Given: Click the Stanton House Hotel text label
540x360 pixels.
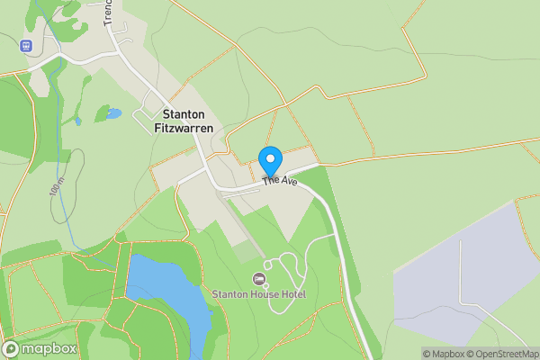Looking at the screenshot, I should pos(259,294).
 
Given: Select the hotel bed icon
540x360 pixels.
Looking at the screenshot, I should pos(260,279).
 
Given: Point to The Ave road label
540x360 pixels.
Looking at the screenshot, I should pos(280,181).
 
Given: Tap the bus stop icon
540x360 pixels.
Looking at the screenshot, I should pos(26,45).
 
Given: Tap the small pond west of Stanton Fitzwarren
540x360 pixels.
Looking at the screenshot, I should pos(112,114).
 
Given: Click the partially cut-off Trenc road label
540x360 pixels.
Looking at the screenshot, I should pos(107,12).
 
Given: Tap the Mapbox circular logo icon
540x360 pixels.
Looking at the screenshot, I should pos(12,348).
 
